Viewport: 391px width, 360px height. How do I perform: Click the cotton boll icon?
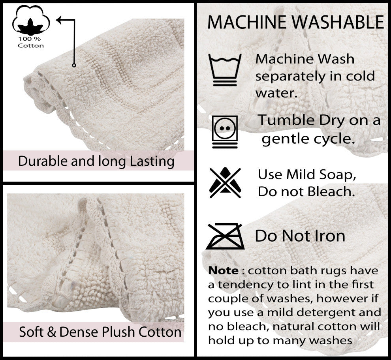[31, 20]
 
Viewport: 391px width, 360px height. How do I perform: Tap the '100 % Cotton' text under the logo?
[31, 42]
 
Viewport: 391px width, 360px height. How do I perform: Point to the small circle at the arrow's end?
[74, 65]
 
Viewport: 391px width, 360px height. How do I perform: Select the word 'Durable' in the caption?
[43, 161]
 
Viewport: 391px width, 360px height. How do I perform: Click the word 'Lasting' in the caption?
[152, 161]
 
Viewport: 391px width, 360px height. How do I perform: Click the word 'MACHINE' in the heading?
[246, 22]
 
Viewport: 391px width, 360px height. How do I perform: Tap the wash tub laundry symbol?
[225, 70]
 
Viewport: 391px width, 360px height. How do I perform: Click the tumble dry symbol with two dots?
[225, 132]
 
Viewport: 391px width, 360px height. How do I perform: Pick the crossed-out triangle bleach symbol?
[225, 183]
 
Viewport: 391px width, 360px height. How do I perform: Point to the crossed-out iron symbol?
[225, 236]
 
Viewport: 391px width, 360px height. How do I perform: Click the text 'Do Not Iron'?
[300, 236]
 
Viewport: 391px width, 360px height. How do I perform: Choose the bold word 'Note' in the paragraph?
[223, 270]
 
